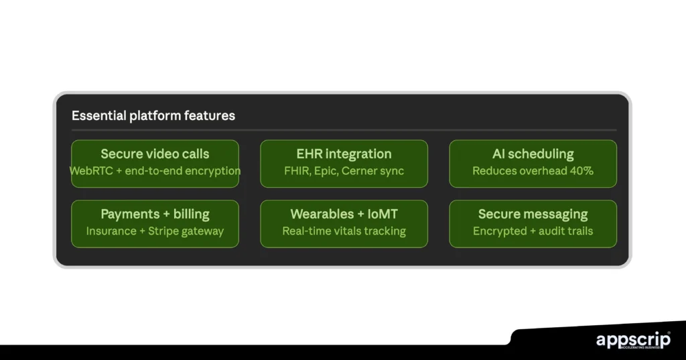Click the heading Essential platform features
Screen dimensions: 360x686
pyautogui.click(x=153, y=115)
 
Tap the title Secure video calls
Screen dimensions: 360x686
pyautogui.click(x=155, y=154)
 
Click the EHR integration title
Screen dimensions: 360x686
pyautogui.click(x=344, y=154)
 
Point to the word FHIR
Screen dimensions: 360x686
pyautogui.click(x=296, y=171)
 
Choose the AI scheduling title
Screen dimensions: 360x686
pyautogui.click(x=533, y=154)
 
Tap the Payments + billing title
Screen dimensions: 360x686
pyautogui.click(x=155, y=215)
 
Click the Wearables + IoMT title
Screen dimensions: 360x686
pyautogui.click(x=344, y=215)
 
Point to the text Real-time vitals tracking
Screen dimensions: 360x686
pyautogui.click(x=344, y=231)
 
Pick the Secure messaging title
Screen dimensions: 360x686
pyautogui.click(x=533, y=215)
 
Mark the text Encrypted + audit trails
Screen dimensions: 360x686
pyautogui.click(x=533, y=231)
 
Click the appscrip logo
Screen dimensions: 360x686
pyautogui.click(x=633, y=340)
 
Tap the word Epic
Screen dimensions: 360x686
pyautogui.click(x=325, y=171)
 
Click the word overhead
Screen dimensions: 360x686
pyautogui.click(x=538, y=171)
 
